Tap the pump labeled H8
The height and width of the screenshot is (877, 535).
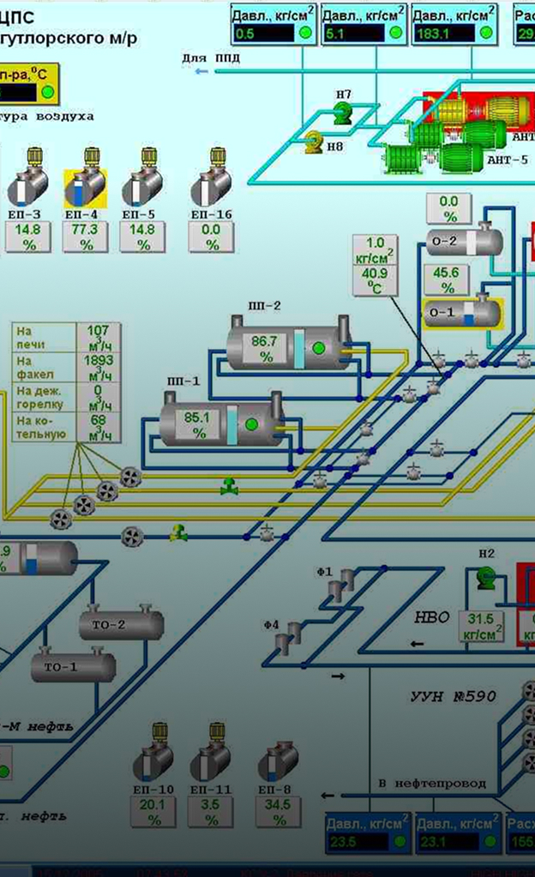313,140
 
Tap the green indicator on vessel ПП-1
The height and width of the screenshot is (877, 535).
251,423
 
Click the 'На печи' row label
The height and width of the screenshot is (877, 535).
30,337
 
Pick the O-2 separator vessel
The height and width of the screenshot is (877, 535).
464,241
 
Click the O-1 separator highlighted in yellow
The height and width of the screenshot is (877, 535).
463,312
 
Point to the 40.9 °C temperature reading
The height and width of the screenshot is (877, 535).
376,279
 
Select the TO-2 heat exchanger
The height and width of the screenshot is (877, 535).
121,624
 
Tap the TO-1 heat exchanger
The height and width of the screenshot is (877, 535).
74,666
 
